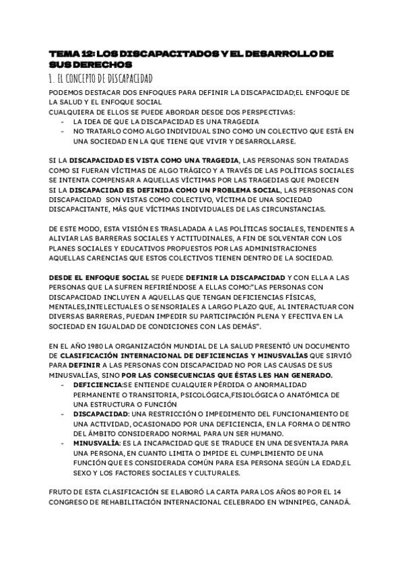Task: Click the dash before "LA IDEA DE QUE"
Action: pyautogui.click(x=63, y=122)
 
